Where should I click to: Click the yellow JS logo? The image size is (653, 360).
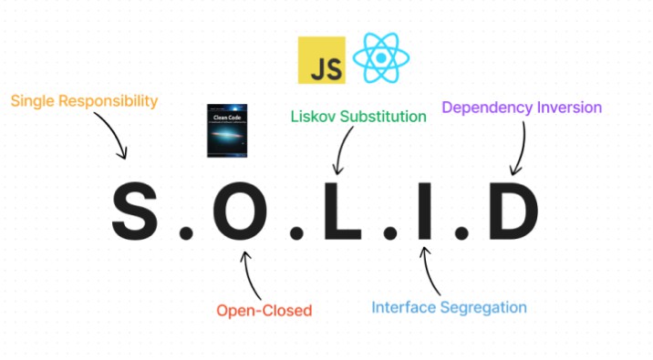pyautogui.click(x=321, y=60)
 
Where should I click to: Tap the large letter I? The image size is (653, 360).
pyautogui.click(x=422, y=212)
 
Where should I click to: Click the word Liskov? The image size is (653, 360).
pyautogui.click(x=315, y=117)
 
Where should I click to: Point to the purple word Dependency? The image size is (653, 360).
pyautogui.click(x=487, y=108)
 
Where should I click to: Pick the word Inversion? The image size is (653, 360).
pyautogui.click(x=568, y=108)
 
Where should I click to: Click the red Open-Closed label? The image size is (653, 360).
pyautogui.click(x=264, y=311)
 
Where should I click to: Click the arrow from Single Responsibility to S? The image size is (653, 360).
pyautogui.click(x=114, y=137)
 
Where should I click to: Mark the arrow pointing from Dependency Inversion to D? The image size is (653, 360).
pyautogui.click(x=523, y=146)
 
